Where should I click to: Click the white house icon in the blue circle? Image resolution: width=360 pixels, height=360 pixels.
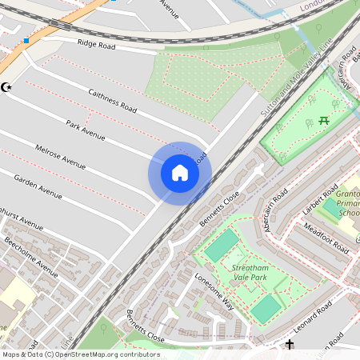180,173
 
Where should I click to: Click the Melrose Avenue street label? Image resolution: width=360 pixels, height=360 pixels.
60,157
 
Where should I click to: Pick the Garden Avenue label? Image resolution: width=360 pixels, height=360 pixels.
38,186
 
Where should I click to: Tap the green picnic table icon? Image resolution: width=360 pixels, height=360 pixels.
325,120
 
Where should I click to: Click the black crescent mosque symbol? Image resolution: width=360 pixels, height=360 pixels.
8,86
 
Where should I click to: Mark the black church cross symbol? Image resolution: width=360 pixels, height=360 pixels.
290,345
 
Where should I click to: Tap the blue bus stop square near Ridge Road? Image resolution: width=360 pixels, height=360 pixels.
26,40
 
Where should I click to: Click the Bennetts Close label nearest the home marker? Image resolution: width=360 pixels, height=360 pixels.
220,207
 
